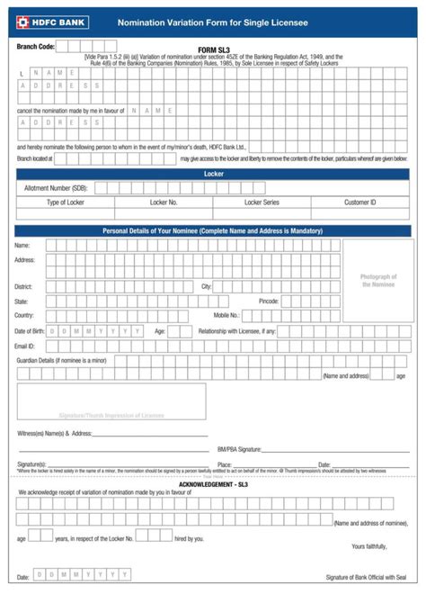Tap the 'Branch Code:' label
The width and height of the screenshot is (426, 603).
pos(36,46)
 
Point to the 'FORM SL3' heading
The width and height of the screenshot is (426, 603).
pos(212,49)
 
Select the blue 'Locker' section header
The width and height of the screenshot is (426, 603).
pos(213,173)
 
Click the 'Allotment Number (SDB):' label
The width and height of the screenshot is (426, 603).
pos(56,188)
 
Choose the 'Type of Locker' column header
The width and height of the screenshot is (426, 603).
pos(66,202)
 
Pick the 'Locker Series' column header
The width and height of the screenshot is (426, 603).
pos(262,202)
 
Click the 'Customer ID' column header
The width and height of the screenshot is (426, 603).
pos(359,202)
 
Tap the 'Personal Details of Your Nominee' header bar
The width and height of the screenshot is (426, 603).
pos(213,231)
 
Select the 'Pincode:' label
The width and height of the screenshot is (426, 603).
pos(269,301)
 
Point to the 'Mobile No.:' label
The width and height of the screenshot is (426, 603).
pos(226,316)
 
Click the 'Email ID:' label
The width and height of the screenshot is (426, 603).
pos(25,346)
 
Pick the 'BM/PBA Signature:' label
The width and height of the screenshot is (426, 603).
pos(239,448)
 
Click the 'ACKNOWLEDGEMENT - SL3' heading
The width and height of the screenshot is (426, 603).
pos(213,484)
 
